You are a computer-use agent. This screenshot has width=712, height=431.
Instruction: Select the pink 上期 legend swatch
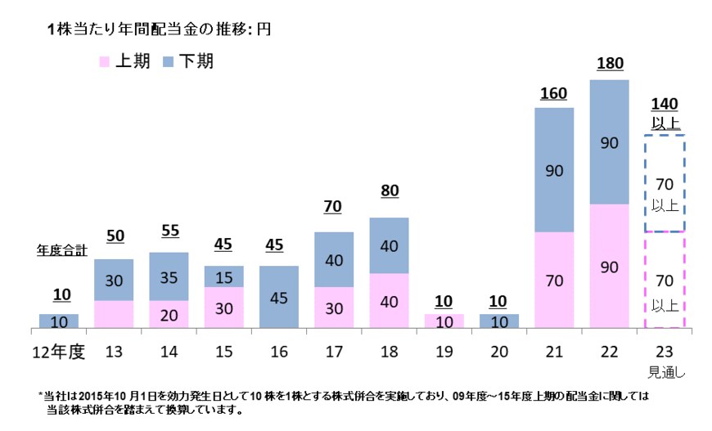coord(105,62)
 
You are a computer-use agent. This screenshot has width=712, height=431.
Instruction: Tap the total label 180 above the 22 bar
coord(609,64)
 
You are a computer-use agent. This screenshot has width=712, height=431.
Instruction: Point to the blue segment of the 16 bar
coord(278,297)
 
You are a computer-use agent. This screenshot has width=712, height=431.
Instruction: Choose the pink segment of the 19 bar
coord(444,321)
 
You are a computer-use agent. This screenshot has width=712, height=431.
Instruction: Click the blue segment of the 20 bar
coord(498,321)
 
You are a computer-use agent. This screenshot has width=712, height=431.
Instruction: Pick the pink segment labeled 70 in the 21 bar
coord(554,281)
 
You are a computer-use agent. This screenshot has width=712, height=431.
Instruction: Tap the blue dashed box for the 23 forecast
coord(664,183)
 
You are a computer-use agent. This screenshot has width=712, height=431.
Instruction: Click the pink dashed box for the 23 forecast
coord(664,280)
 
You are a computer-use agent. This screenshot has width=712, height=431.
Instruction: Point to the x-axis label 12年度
coord(58,352)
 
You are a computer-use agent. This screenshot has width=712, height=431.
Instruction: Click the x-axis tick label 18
coord(388,352)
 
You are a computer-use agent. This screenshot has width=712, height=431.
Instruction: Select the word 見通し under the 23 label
coord(664,371)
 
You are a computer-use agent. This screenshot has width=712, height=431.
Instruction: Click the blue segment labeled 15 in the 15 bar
coord(223,276)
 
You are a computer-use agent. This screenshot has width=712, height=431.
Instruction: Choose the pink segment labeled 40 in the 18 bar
coord(389,300)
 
